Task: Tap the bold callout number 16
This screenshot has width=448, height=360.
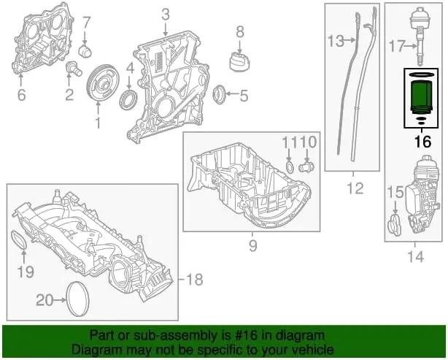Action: (x=422, y=142)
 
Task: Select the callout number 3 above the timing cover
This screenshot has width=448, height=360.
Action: (x=166, y=14)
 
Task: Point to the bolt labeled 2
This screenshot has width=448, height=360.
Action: (x=73, y=69)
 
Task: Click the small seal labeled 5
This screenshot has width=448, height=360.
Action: (x=219, y=93)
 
